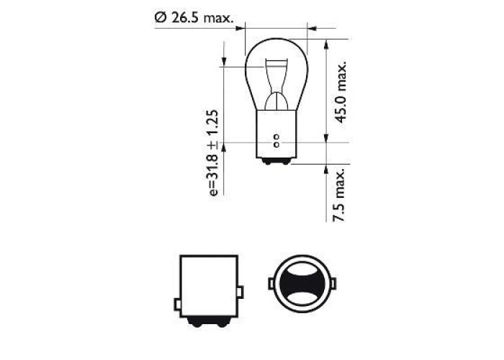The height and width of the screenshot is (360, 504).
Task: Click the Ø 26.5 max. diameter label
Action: click(194, 17)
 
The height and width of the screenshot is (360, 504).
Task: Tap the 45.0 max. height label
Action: click(341, 92)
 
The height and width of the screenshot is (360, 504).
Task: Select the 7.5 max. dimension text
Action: click(339, 195)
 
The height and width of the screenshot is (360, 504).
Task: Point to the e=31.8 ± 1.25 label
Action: click(213, 153)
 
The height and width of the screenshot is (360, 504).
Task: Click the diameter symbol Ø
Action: click(160, 17)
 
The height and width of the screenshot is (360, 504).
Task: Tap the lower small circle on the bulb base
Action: click(276, 144)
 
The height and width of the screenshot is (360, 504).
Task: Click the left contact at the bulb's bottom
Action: click(267, 161)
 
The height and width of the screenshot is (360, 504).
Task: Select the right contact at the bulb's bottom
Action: click(286, 161)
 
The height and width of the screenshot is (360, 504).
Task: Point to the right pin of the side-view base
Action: click(240, 292)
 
